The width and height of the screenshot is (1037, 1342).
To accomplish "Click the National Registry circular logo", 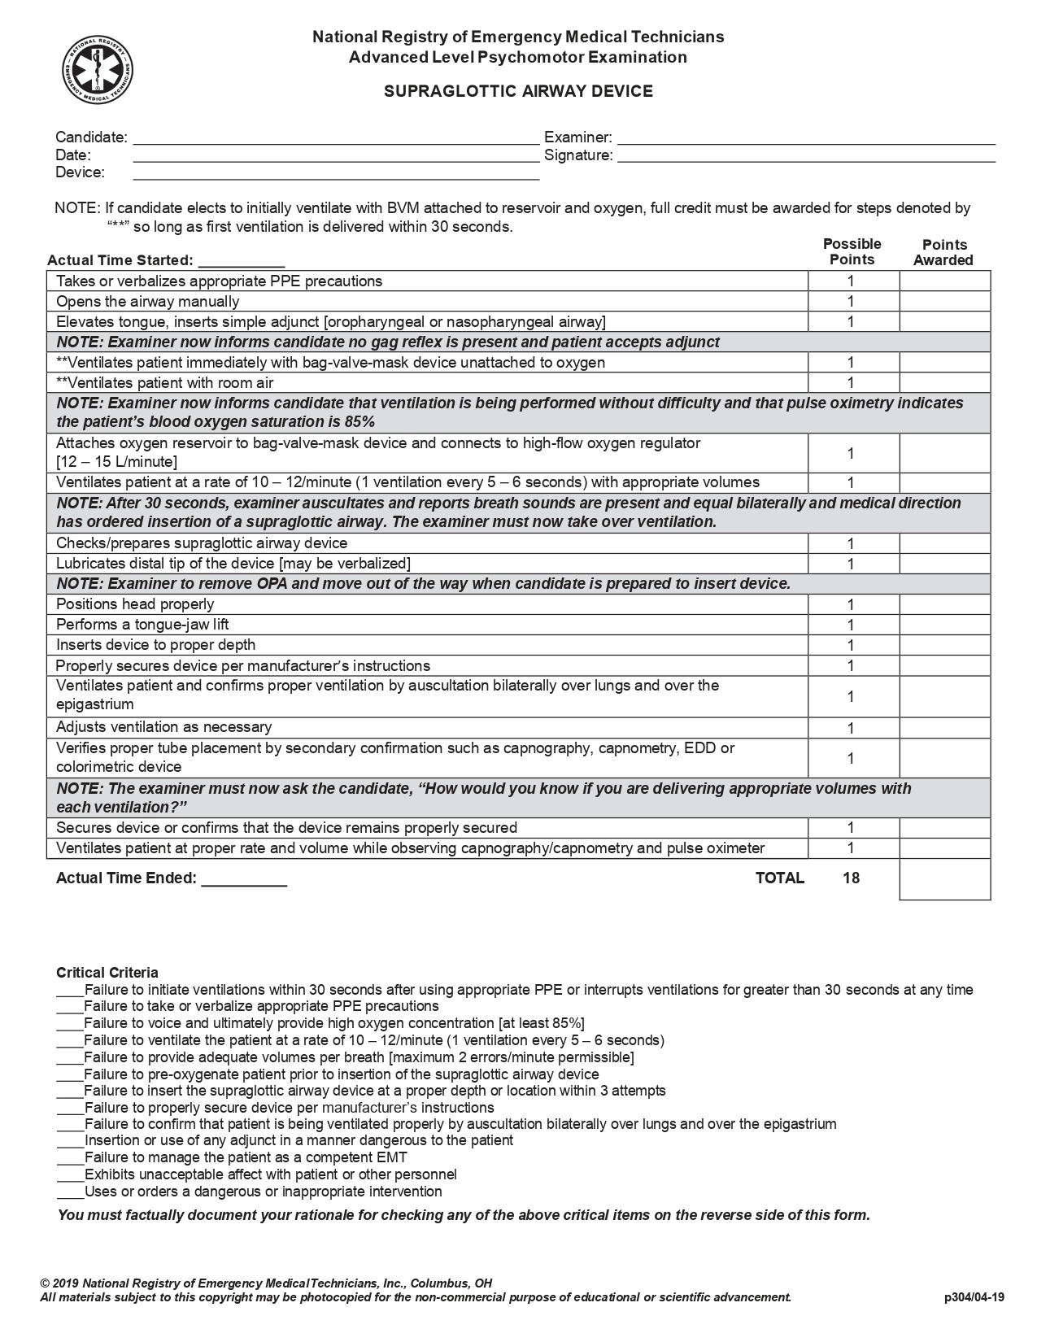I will tap(98, 70).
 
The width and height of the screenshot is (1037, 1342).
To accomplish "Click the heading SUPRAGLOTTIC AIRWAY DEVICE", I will tap(518, 91).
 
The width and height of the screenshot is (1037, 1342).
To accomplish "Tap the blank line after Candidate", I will tap(335, 140).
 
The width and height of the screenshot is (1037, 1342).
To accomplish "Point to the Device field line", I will tap(335, 174).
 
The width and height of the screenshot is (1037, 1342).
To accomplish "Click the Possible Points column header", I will tap(852, 252).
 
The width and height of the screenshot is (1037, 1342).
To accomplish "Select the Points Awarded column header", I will tap(943, 252).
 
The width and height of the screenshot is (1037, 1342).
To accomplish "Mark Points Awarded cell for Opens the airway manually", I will tap(944, 302).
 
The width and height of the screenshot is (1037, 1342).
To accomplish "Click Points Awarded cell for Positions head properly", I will tap(944, 604).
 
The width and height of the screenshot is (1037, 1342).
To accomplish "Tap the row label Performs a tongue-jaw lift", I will tap(142, 625).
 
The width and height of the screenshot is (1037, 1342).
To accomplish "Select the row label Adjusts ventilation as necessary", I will tap(163, 727).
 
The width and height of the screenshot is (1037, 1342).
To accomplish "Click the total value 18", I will tap(852, 878).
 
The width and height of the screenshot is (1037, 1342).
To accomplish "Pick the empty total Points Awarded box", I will tap(944, 879).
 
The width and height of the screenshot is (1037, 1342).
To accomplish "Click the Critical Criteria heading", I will tap(107, 973).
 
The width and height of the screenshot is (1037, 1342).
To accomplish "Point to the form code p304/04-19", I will tap(974, 1297).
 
